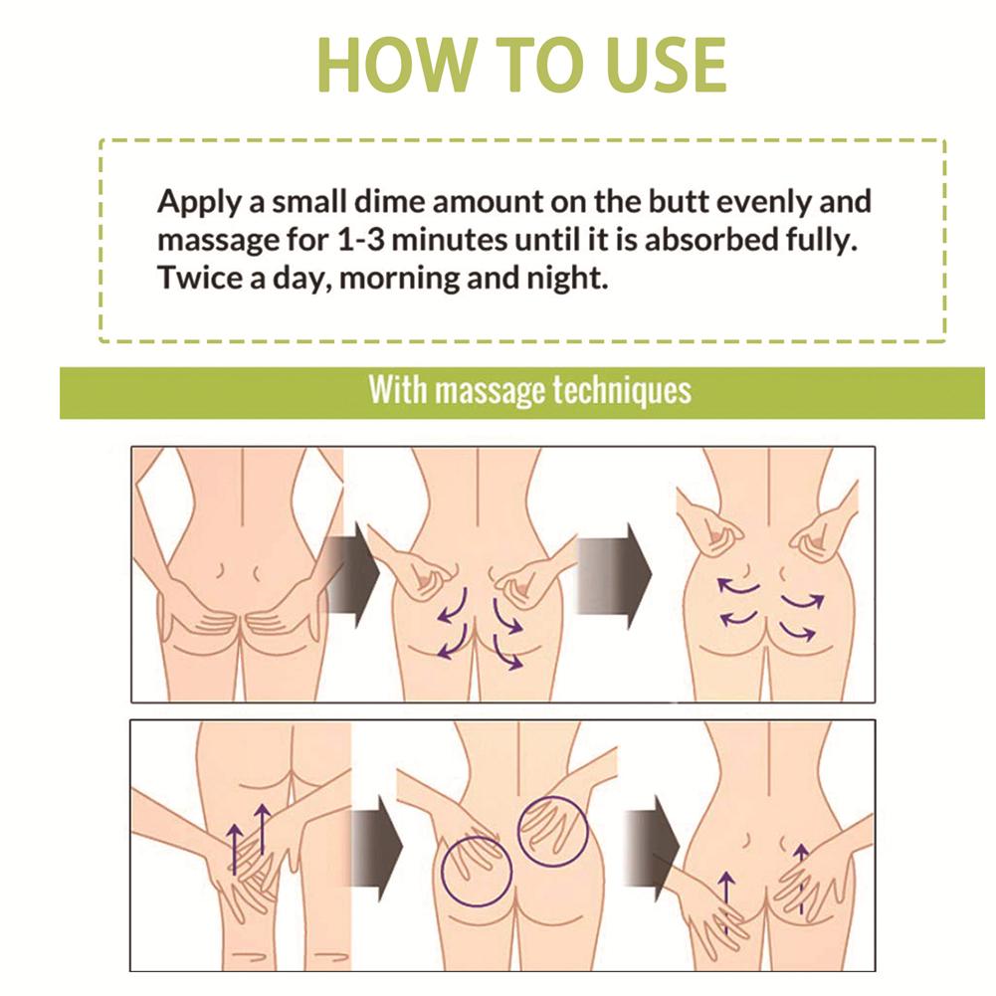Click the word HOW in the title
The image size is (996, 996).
(397, 66)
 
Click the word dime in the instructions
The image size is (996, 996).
(389, 201)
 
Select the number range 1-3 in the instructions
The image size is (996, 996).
(361, 240)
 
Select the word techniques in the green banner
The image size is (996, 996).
(622, 390)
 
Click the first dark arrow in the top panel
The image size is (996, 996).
(352, 576)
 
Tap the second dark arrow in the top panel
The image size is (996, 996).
(614, 576)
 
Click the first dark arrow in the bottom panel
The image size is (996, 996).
(377, 848)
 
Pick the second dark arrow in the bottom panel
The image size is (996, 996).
(653, 848)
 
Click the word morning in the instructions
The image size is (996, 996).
(399, 279)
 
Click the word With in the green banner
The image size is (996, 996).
(398, 389)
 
